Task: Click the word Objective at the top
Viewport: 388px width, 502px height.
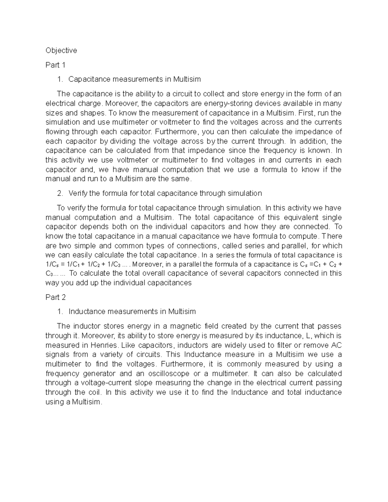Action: (61, 50)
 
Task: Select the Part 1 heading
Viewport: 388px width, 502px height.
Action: (55, 65)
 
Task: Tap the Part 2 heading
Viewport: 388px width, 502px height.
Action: (55, 297)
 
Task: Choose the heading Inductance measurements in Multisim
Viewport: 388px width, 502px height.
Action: (132, 312)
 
